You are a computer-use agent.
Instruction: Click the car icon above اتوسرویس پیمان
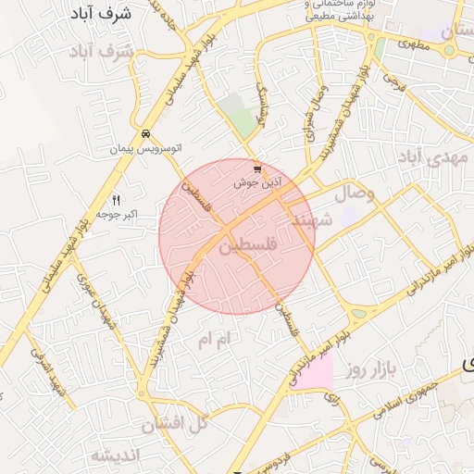pyautogui.click(x=145, y=134)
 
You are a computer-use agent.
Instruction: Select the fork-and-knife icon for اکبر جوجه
pyautogui.click(x=116, y=200)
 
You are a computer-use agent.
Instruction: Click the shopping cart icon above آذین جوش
pyautogui.click(x=257, y=169)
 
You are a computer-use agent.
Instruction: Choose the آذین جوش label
pyautogui.click(x=257, y=182)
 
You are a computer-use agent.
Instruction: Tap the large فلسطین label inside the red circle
pyautogui.click(x=249, y=247)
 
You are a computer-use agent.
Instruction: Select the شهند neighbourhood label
pyautogui.click(x=311, y=221)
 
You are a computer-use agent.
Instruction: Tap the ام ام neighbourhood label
pyautogui.click(x=219, y=340)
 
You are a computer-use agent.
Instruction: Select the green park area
pyautogui.click(x=242, y=123)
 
